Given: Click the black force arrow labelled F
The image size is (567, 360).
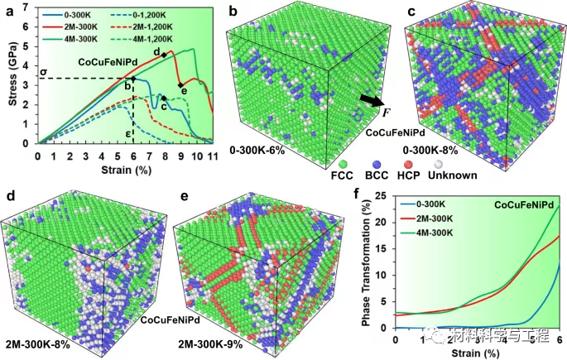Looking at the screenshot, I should coord(372,99).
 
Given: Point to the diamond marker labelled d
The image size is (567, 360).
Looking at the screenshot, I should coord(164,55).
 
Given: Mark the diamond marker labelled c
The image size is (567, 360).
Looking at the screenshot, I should coord(164,98).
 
